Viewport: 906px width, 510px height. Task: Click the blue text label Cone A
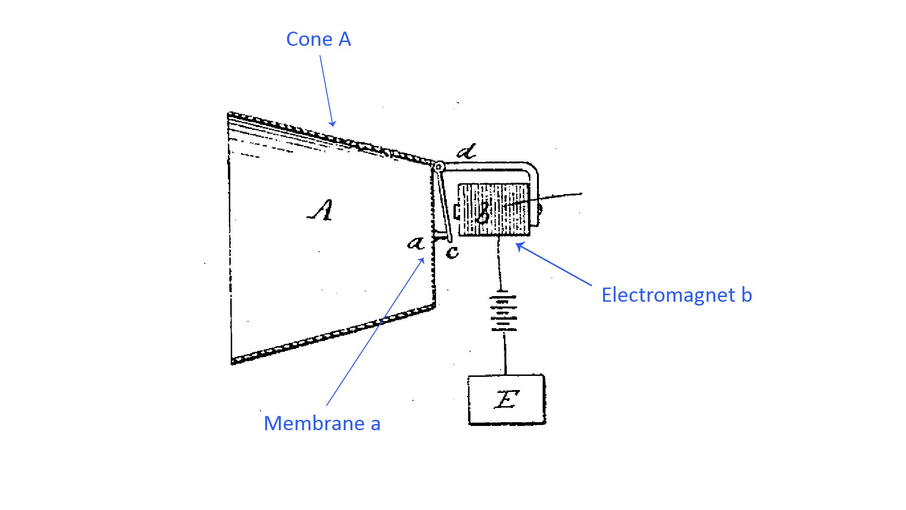coord(319,39)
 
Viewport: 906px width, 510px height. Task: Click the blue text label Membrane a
coord(322,423)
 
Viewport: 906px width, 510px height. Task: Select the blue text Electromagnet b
coord(676,295)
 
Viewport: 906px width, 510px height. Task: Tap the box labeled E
coord(506,400)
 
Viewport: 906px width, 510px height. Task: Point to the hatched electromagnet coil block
coord(494,210)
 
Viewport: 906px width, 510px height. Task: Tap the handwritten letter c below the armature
coord(452,252)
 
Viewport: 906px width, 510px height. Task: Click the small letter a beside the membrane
coord(416,243)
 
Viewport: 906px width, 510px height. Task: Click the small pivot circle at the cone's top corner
coord(439,167)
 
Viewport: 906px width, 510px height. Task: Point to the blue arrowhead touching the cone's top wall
coord(332,124)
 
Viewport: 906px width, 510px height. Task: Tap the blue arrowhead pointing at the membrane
coord(423,261)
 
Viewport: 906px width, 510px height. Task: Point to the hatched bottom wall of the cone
coord(330,333)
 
